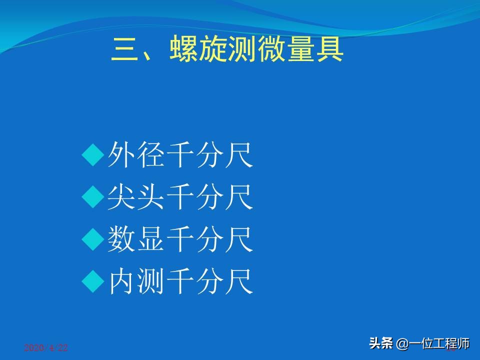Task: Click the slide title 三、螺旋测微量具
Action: coord(227,50)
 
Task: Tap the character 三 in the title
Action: coord(125,50)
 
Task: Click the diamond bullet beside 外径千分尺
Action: coord(92,156)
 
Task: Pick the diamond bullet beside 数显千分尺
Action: coord(92,240)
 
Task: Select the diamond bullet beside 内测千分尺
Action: coord(92,282)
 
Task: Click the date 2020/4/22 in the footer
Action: coord(45,348)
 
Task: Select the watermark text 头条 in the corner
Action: coord(381,344)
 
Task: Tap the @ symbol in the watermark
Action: coord(402,344)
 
